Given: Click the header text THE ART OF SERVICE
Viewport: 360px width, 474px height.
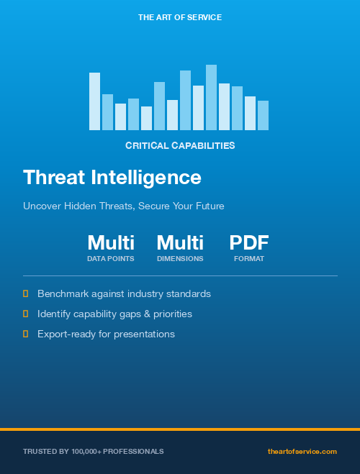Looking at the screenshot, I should click(180, 17).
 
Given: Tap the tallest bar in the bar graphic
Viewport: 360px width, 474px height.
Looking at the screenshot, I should click(211, 97).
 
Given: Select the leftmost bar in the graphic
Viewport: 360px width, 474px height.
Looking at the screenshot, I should click(94, 101).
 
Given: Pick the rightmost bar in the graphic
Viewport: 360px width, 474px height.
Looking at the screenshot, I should click(263, 115).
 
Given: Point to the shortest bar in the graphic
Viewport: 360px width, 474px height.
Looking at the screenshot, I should click(146, 118).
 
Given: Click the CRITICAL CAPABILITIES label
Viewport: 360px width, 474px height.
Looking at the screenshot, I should click(180, 145).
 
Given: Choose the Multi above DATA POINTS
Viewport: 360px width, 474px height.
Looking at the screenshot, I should click(111, 242).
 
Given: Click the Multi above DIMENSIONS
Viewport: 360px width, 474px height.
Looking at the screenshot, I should click(180, 242).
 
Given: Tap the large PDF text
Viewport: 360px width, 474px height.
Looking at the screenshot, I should click(249, 242).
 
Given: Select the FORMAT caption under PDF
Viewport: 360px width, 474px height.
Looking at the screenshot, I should click(249, 258).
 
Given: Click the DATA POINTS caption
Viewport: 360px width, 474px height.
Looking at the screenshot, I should click(111, 258).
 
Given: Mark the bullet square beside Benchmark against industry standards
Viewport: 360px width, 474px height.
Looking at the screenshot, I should click(26, 293).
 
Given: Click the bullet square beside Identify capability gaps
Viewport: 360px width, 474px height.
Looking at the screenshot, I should click(26, 314).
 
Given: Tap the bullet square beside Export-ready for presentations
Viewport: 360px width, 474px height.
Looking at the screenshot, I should click(26, 334).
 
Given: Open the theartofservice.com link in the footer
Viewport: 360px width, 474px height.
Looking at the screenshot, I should click(302, 451).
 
